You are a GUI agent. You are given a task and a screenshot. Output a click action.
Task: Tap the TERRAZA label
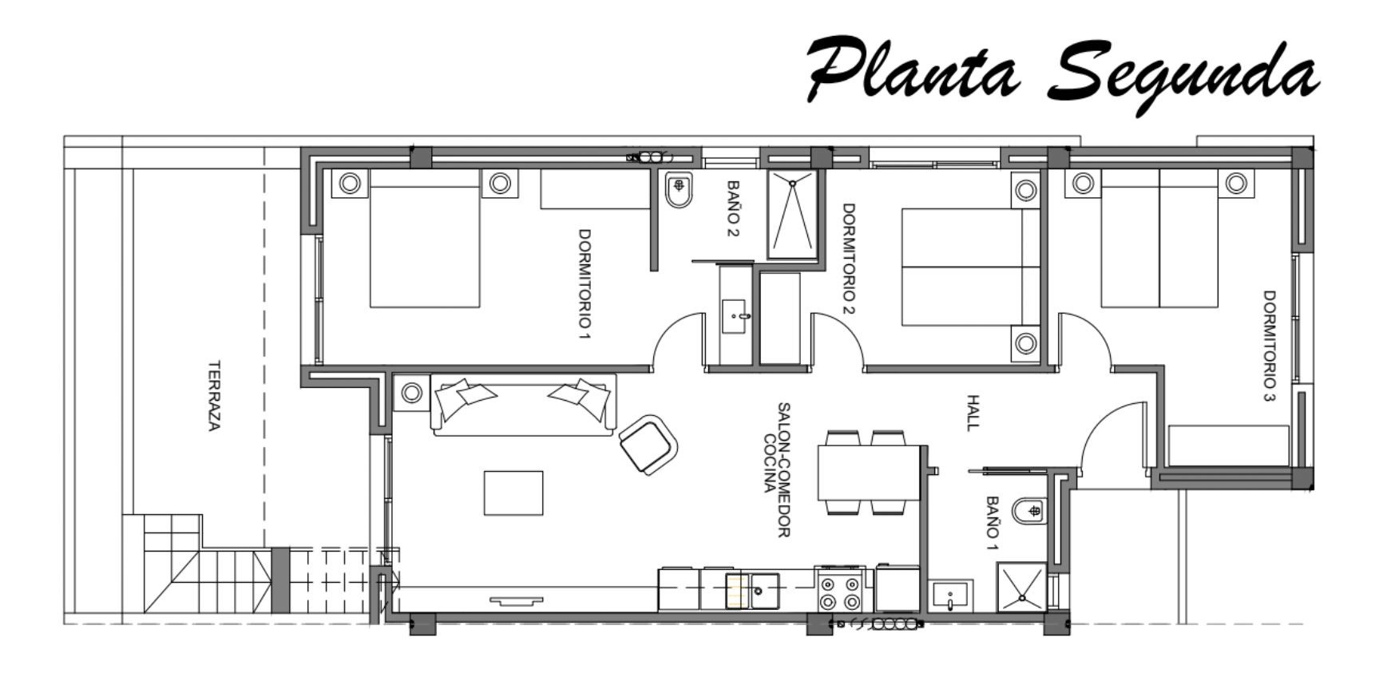tap(213, 396)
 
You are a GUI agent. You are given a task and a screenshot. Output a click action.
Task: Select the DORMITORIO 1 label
tap(585, 284)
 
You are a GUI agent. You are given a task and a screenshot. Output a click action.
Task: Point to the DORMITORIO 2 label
tap(849, 259)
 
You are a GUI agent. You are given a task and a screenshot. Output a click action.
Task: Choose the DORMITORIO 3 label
tap(1270, 346)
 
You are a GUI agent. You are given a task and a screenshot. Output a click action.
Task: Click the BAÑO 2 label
tap(734, 209)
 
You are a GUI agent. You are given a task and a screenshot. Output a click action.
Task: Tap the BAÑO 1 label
tap(992, 524)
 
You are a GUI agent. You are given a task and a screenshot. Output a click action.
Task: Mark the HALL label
tap(972, 413)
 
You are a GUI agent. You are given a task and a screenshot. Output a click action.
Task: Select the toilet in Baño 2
tap(680, 190)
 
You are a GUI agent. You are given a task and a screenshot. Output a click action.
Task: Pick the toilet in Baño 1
tap(1029, 510)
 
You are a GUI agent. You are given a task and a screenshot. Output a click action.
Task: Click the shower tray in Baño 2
tap(793, 213)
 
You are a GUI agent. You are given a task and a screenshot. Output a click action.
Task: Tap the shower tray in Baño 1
tap(1021, 587)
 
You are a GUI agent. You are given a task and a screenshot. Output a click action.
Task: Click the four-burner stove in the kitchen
tap(840, 591)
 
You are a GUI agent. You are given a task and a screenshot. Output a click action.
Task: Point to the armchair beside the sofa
tap(648, 445)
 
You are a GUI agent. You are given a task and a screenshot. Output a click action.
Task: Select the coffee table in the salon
tap(513, 493)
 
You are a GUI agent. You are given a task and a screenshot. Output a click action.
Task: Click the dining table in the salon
tap(870, 473)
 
